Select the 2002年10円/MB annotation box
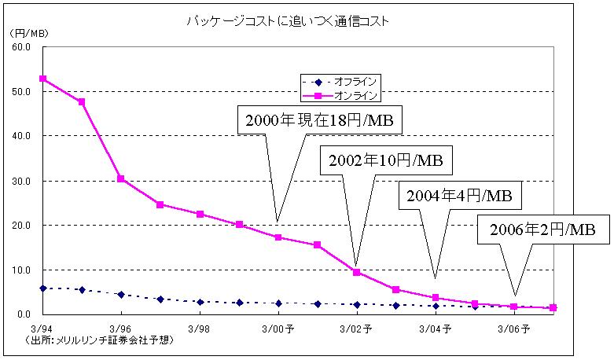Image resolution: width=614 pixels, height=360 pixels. click(x=387, y=161)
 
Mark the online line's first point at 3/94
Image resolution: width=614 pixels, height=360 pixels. click(x=42, y=79)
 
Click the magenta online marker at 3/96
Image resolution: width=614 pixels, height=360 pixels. click(x=121, y=178)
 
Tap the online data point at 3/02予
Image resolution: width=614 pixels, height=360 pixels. click(x=356, y=272)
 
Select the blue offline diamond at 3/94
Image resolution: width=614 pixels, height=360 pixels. click(x=42, y=288)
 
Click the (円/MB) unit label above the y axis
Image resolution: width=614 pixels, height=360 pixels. click(x=28, y=33)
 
